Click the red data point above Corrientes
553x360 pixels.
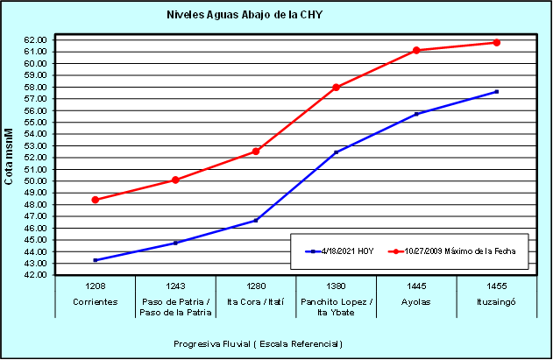(95, 200)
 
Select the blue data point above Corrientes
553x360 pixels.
(95, 260)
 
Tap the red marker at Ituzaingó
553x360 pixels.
(497, 42)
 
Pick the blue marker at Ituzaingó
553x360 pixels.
(497, 91)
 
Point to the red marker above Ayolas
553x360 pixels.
(416, 50)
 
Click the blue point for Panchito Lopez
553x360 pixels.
(336, 152)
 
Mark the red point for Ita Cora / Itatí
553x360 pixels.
(256, 152)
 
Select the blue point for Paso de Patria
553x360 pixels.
(175, 243)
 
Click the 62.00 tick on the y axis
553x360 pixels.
(34, 39)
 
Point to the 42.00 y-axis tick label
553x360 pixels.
(34, 275)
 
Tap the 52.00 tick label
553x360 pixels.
(34, 158)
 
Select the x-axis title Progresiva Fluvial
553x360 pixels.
(258, 343)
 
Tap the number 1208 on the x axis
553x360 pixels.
(95, 286)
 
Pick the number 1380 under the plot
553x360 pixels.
(336, 286)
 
